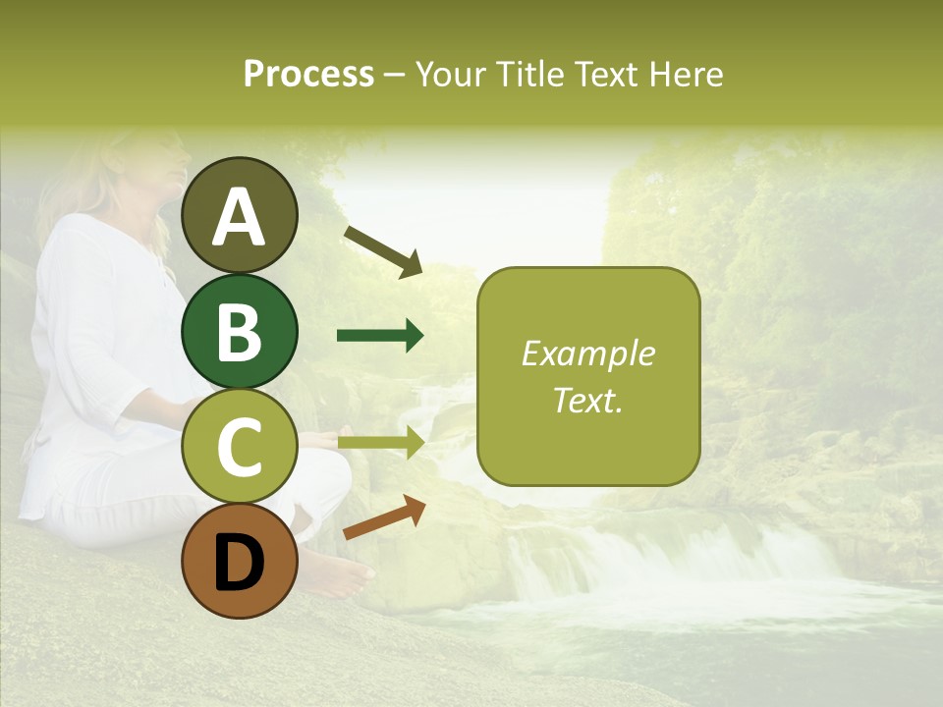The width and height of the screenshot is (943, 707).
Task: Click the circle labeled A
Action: point(240,215)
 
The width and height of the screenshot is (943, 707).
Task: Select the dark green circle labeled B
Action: point(240,331)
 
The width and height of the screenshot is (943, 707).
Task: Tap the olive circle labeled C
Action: point(240,447)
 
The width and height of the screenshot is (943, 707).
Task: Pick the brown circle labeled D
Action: point(240,561)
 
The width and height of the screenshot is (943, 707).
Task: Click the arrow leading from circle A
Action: point(382,251)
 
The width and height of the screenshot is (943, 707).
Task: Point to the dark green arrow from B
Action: point(380,336)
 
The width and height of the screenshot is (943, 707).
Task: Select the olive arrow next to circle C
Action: point(380,444)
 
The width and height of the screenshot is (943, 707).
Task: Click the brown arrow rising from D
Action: point(384,517)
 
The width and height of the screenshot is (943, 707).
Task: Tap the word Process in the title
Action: point(308,74)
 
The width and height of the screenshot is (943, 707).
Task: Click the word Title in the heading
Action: point(527,74)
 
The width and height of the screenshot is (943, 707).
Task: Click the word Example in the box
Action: point(587,353)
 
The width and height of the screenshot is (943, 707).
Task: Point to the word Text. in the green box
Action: point(587,400)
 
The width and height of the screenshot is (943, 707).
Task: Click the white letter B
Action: point(240,332)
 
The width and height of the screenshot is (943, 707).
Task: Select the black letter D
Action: point(240,562)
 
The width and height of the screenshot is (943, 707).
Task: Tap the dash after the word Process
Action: point(395,75)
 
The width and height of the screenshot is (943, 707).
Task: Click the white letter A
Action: point(240,216)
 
